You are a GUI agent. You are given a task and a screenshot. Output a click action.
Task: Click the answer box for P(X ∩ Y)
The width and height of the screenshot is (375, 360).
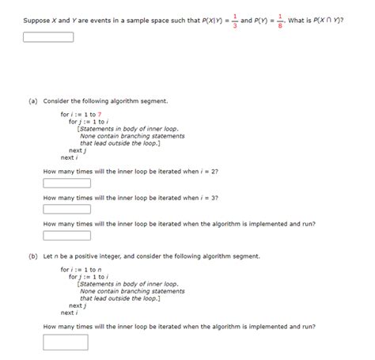[x=48, y=36]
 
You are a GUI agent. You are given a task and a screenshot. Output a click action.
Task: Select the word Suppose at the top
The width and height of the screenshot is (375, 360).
[x=36, y=19]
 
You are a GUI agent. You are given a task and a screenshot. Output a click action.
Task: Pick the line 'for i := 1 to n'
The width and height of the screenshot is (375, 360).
[x=81, y=270]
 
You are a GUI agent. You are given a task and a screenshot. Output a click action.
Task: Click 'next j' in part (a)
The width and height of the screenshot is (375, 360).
[x=77, y=150]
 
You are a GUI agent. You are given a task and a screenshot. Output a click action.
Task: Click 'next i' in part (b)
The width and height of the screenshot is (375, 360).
[x=69, y=312]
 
